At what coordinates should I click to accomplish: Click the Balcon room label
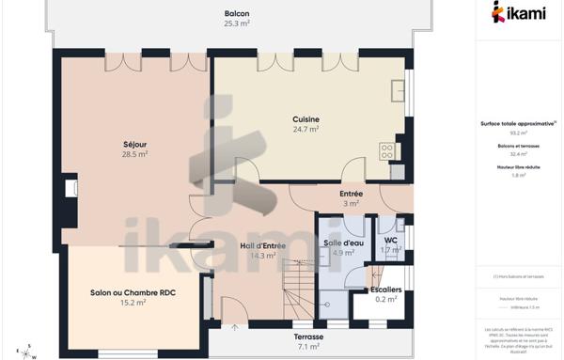pyautogui.click(x=237, y=13)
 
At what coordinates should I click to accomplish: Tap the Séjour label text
pyautogui.click(x=135, y=144)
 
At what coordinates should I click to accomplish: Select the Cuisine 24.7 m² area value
pyautogui.click(x=306, y=130)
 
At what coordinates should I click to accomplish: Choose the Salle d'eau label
pyautogui.click(x=344, y=243)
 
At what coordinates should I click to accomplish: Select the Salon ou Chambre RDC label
pyautogui.click(x=133, y=292)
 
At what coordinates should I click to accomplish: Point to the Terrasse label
pyautogui.click(x=308, y=337)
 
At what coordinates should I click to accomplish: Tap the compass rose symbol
pyautogui.click(x=31, y=351)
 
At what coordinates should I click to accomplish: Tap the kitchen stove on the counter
pyautogui.click(x=386, y=150)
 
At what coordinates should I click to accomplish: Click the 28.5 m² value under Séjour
pyautogui.click(x=135, y=153)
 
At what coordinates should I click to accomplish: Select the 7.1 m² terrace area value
pyautogui.click(x=308, y=346)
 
